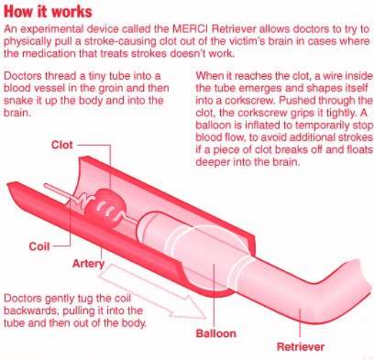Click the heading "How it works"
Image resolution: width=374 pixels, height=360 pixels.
(x=48, y=11)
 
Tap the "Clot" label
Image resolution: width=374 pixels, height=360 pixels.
(x=62, y=145)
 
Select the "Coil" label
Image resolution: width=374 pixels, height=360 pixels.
(x=40, y=246)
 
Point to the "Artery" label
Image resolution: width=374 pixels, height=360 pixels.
(x=88, y=264)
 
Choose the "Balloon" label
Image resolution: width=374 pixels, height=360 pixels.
(x=216, y=333)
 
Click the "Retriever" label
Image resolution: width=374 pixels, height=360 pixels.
(x=301, y=346)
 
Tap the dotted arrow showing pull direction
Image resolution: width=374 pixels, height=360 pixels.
(x=152, y=292)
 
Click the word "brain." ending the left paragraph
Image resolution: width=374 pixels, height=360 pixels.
(x=17, y=113)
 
